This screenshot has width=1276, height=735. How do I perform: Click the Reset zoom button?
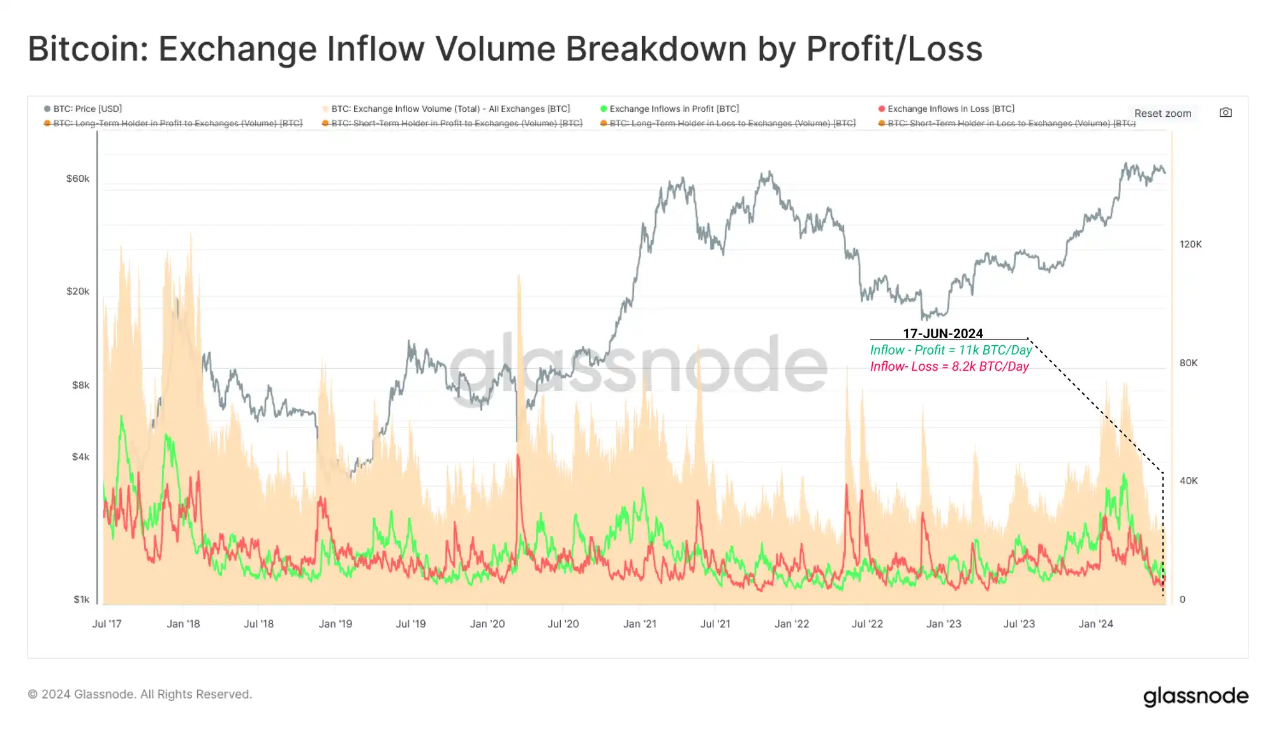coord(1162,113)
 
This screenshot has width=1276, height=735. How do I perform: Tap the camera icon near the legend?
coord(1226,112)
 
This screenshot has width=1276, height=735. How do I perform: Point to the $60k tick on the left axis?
coord(78,179)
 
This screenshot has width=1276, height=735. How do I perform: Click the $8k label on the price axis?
coord(80,385)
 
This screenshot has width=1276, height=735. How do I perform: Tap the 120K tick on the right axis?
coord(1191,244)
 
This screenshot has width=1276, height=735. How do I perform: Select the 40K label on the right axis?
coord(1189,481)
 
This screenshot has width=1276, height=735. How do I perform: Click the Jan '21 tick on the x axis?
coord(639,624)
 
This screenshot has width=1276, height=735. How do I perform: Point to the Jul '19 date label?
coord(411,624)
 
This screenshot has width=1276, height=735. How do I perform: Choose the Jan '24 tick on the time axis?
coord(1095,624)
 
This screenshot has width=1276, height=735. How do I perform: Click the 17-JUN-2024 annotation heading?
coord(942,334)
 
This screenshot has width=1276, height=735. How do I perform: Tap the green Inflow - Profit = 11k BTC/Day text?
coord(951,350)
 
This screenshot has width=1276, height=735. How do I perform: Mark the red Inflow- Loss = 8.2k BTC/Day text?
coord(949,367)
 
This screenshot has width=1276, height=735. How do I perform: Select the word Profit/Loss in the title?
coord(894,49)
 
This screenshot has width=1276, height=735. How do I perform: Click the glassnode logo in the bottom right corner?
coord(1196,696)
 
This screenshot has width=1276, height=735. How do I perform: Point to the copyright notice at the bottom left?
coord(140,694)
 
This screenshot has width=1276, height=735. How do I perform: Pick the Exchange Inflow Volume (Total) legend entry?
coord(450,108)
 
